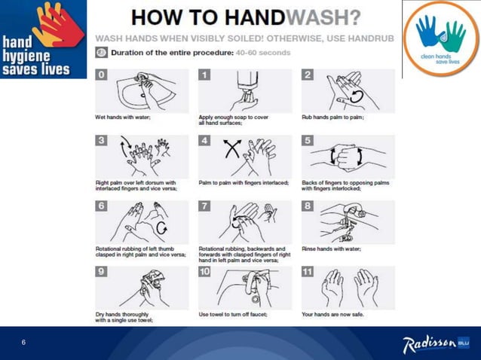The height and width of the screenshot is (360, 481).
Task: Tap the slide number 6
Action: click(x=23, y=343)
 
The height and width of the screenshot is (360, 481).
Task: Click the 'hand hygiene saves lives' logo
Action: click(x=43, y=38)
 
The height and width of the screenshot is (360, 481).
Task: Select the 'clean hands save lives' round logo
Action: click(x=441, y=38)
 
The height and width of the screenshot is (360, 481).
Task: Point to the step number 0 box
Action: click(x=102, y=75)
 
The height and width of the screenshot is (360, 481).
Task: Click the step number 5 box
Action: click(x=307, y=140)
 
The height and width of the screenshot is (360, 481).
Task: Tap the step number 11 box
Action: click(x=308, y=271)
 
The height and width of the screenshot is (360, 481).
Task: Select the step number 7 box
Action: click(x=205, y=206)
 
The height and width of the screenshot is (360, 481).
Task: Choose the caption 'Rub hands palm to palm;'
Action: click(x=332, y=117)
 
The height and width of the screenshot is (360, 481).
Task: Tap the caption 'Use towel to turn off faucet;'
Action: click(x=233, y=314)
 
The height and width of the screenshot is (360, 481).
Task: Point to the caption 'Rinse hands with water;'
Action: click(x=331, y=249)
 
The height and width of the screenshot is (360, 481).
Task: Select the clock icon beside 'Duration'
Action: click(x=102, y=53)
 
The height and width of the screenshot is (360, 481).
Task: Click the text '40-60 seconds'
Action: click(x=262, y=53)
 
